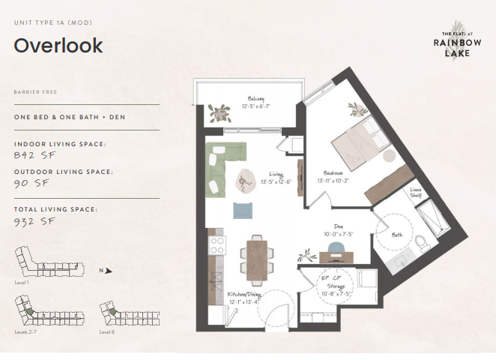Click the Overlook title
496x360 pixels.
pyautogui.click(x=58, y=46)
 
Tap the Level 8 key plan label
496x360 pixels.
pyautogui.click(x=107, y=331)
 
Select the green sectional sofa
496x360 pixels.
pyautogui.click(x=222, y=164)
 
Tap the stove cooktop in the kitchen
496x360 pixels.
pyautogui.click(x=217, y=245)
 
